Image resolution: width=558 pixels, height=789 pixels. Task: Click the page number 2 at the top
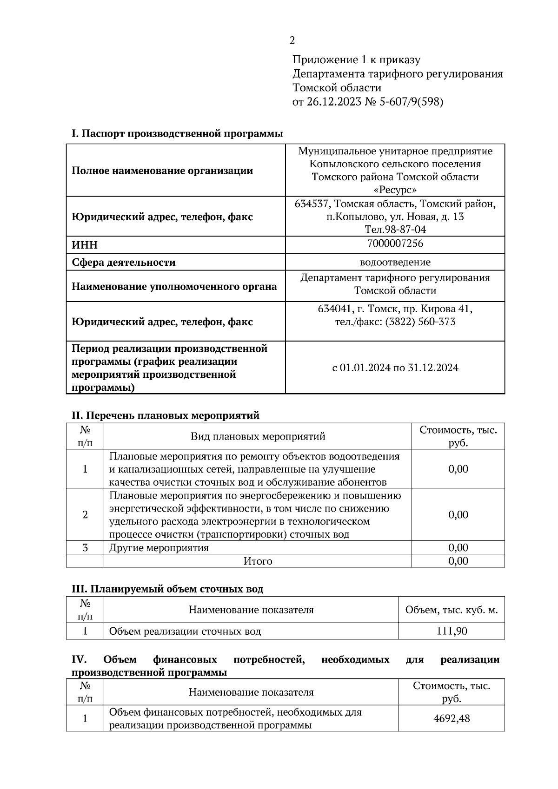tap(292, 40)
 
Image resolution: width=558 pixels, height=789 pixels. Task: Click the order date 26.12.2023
tap(334, 102)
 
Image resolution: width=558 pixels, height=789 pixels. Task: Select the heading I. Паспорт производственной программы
tap(177, 134)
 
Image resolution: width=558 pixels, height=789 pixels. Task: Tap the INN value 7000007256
tap(395, 243)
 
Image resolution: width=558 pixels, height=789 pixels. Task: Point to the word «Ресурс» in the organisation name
tap(395, 190)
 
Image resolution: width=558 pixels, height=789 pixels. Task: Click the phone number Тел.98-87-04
tap(395, 230)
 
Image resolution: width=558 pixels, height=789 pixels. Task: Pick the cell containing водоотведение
tap(395, 262)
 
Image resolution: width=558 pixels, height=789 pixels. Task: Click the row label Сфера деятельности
tap(124, 263)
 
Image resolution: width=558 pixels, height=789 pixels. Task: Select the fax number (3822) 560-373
tap(420, 322)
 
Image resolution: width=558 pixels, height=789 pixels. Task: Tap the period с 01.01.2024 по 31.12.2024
tap(395, 368)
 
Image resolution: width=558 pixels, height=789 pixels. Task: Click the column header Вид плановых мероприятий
tap(258, 436)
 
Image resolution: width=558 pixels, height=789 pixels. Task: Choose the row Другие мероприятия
tap(159, 547)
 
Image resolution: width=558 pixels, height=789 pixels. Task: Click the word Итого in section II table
tap(258, 561)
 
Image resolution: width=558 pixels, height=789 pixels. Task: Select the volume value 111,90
tap(451, 631)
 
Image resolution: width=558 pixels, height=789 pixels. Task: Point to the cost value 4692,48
tap(451, 718)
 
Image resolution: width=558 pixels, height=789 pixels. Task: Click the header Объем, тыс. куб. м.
tap(451, 610)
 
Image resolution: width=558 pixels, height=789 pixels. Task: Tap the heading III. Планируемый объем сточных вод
tap(167, 589)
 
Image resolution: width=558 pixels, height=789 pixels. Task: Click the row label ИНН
tap(85, 245)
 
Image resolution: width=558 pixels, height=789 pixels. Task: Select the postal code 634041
tap(334, 309)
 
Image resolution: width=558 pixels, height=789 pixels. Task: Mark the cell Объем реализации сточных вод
tap(185, 631)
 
